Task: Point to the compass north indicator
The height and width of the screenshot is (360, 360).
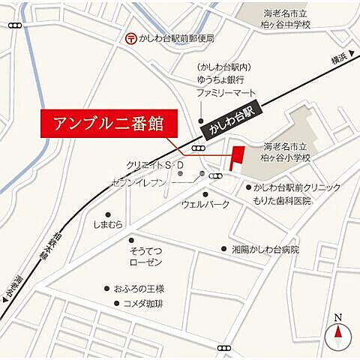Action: tap(337, 330)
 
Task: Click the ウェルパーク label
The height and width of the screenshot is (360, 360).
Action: tap(205, 204)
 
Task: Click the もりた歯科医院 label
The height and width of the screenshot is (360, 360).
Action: tap(281, 201)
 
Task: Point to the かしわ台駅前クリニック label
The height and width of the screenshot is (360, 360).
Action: tap(297, 187)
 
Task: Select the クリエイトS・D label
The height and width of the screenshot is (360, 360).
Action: tap(154, 165)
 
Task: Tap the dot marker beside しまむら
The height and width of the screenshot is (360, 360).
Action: tap(108, 214)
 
